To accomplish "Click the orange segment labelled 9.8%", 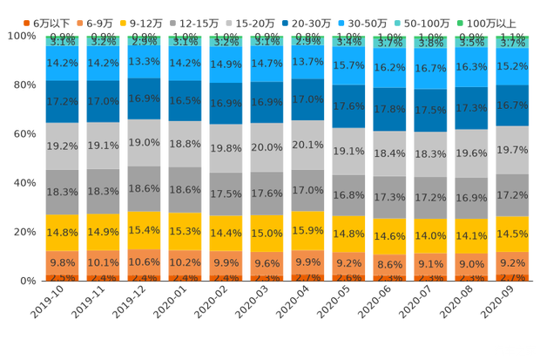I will tap(62, 262).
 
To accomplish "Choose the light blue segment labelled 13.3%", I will tap(144, 61).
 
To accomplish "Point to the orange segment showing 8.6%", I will tap(389, 263).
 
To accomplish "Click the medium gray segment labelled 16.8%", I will tap(348, 195).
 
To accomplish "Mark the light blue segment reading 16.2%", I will tap(389, 67).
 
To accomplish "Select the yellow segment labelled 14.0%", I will tap(430, 235).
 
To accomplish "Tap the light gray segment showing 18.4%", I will tap(389, 153).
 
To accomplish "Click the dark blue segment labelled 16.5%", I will tap(185, 101).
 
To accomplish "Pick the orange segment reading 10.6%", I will tap(144, 262).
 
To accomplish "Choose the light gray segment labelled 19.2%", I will tap(62, 146).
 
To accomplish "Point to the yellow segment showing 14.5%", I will tap(512, 234).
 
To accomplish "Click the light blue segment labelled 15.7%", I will tap(348, 65).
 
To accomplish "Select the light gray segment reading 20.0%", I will tap(267, 147).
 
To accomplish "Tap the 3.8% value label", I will tap(430, 43).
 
